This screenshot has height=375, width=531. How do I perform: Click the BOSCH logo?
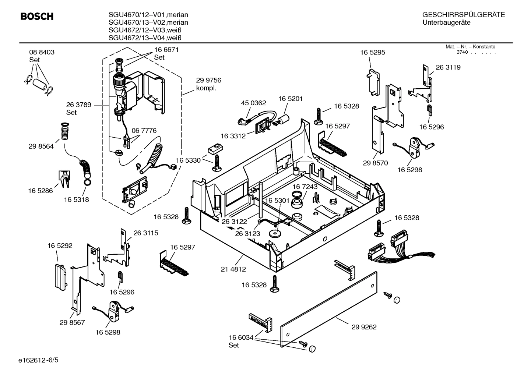(37, 17)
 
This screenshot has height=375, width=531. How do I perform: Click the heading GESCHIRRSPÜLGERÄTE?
(463, 15)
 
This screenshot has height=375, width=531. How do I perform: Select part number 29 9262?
(364, 327)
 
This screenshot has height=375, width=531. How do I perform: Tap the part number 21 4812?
(233, 269)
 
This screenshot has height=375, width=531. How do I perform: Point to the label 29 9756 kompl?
(208, 84)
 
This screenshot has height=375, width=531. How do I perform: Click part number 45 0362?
(253, 103)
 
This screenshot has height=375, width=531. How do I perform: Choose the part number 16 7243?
(305, 187)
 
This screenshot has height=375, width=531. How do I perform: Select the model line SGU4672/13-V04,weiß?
(145, 38)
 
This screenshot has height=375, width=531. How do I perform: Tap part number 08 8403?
(42, 52)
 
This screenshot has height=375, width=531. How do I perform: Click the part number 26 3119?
(448, 67)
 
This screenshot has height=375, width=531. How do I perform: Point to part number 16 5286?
(41, 191)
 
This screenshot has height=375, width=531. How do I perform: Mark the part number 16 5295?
(372, 53)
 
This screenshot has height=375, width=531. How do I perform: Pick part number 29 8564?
(41, 146)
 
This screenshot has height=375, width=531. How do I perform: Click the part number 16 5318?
(76, 199)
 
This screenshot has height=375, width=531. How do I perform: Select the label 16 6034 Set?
(241, 341)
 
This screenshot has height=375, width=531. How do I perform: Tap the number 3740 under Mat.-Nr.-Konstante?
(462, 52)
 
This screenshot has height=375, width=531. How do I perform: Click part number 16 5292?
(60, 245)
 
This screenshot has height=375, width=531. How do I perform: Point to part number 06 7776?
(144, 130)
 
